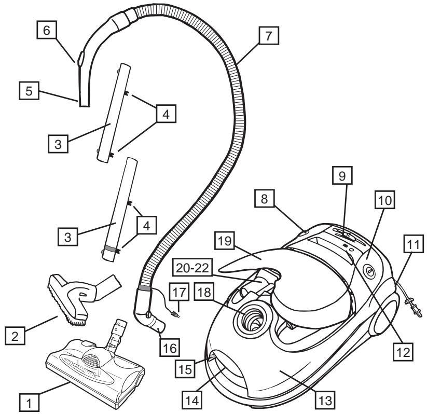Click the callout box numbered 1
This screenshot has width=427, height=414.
29,400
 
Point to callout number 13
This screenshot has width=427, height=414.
327,401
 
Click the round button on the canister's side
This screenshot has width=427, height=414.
369,270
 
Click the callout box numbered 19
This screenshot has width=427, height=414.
228,240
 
